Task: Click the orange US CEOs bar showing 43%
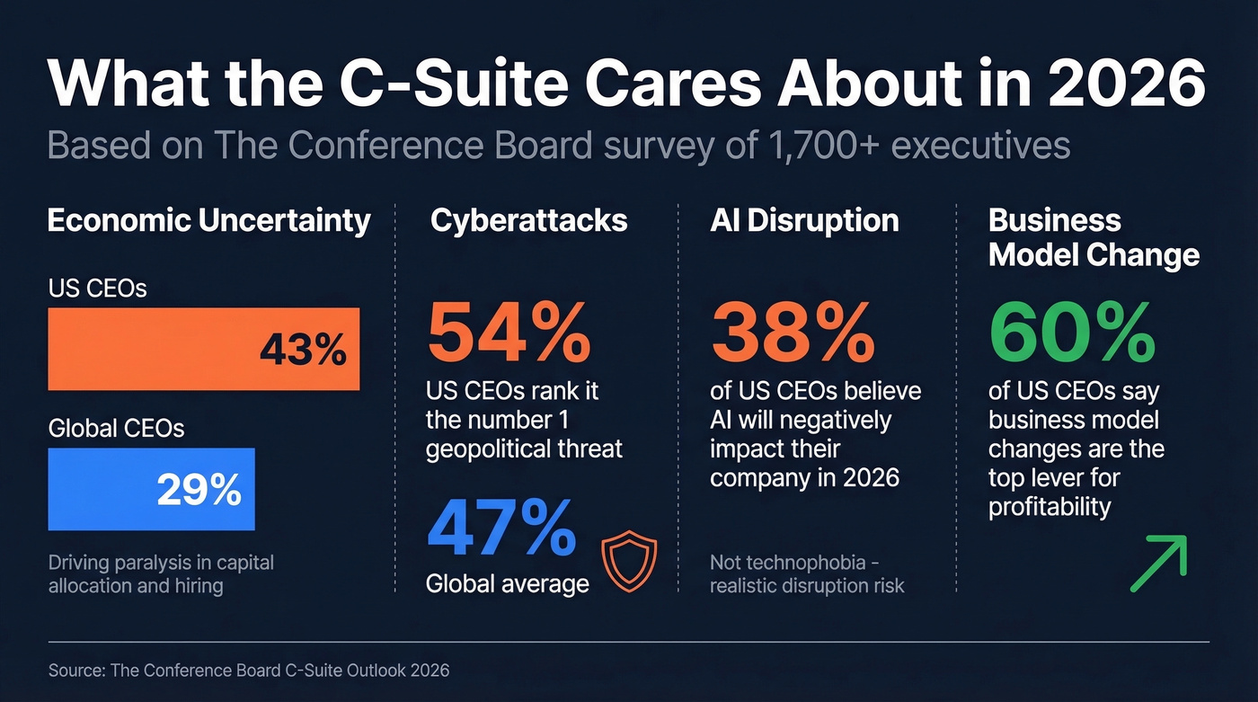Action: coord(203,349)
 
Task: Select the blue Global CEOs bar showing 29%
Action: coord(151,489)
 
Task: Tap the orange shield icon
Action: coord(629,562)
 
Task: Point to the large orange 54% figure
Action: coord(509,331)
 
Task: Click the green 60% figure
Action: coord(1072,331)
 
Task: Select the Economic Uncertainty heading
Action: coord(208,221)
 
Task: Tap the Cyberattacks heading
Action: coord(528,221)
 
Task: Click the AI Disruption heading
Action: coord(804,221)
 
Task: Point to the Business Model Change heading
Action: coord(1094,238)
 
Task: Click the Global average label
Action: coord(507,583)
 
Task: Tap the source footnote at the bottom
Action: coord(249,671)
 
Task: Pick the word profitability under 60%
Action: coord(1050,507)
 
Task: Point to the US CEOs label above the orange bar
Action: coord(97,289)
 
